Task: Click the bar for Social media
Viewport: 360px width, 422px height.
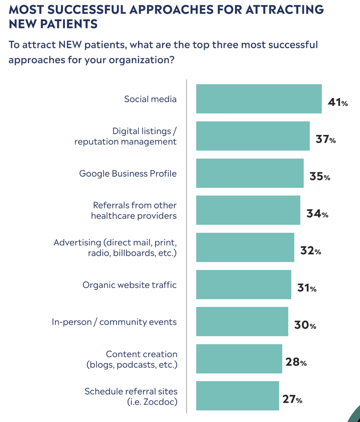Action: pos(259,99)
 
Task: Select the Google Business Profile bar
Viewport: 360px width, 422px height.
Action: pos(250,173)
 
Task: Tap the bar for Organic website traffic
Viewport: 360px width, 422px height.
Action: pos(244,284)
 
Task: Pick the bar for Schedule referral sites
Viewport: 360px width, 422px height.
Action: pos(238,396)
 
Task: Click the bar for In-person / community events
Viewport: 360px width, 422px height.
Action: pos(242,321)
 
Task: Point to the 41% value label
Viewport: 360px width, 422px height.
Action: pos(337,103)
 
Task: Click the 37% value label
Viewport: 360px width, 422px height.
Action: pos(325,140)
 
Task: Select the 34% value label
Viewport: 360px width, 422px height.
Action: pos(317,214)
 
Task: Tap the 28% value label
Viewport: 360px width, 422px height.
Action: pos(296,362)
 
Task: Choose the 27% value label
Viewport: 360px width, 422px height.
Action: pos(292,400)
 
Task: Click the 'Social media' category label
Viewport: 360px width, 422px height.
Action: pos(150,99)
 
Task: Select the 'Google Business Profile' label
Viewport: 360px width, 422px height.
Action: pos(128,174)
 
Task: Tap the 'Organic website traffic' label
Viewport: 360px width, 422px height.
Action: pos(130,285)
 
